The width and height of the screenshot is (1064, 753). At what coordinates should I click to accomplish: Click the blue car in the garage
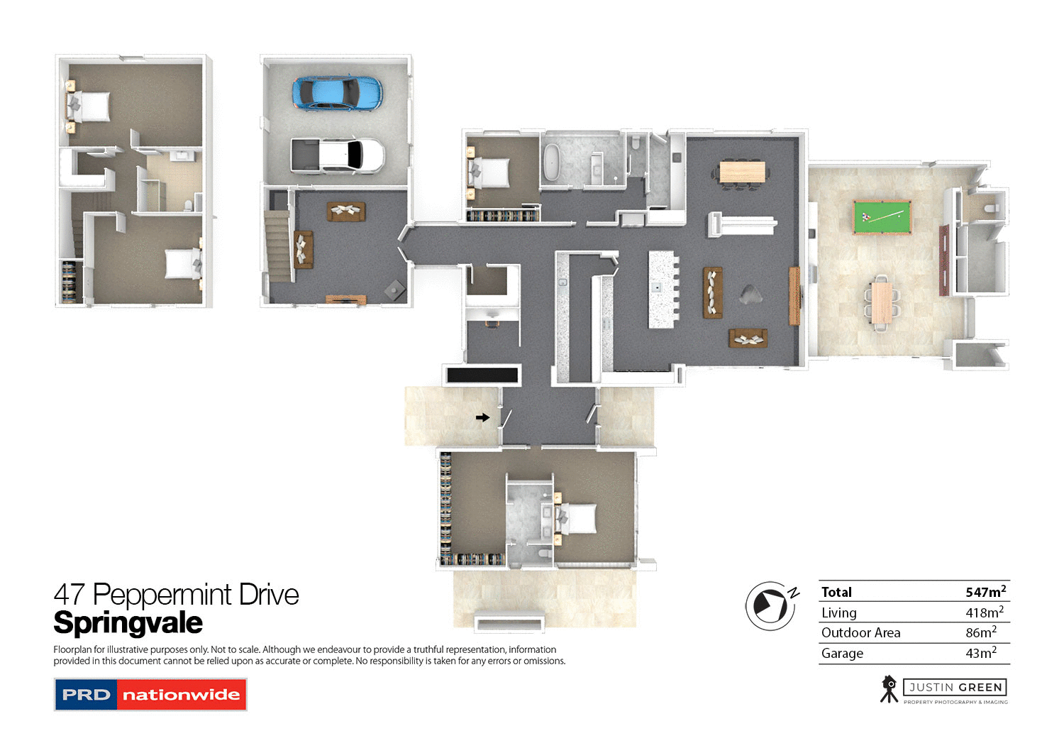pyautogui.click(x=337, y=93)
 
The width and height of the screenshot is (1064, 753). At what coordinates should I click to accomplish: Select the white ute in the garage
pyautogui.click(x=338, y=155)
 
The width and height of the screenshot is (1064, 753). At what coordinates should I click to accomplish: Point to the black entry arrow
pyautogui.click(x=482, y=417)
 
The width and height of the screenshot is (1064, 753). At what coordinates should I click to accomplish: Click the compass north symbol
pyautogui.click(x=770, y=605)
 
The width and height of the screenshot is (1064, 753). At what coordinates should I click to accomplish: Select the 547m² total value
pyautogui.click(x=985, y=592)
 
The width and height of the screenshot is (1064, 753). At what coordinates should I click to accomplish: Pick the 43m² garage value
pyautogui.click(x=980, y=653)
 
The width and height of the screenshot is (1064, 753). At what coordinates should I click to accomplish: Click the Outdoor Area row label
pyautogui.click(x=860, y=632)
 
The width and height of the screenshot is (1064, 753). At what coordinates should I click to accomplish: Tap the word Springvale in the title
pyautogui.click(x=128, y=623)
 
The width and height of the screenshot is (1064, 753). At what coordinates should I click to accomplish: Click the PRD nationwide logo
pyautogui.click(x=150, y=695)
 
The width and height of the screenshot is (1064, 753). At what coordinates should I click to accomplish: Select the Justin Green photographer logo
pyautogui.click(x=944, y=689)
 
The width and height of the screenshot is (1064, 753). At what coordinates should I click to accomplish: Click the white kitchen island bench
pyautogui.click(x=661, y=289)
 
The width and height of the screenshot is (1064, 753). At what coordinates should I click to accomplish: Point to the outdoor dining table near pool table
pyautogui.click(x=881, y=302)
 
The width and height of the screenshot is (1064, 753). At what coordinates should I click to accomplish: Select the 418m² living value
pyautogui.click(x=984, y=612)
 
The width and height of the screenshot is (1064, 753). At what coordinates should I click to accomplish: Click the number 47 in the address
pyautogui.click(x=69, y=595)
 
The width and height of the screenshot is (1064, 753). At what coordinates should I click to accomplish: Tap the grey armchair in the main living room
pyautogui.click(x=749, y=294)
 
